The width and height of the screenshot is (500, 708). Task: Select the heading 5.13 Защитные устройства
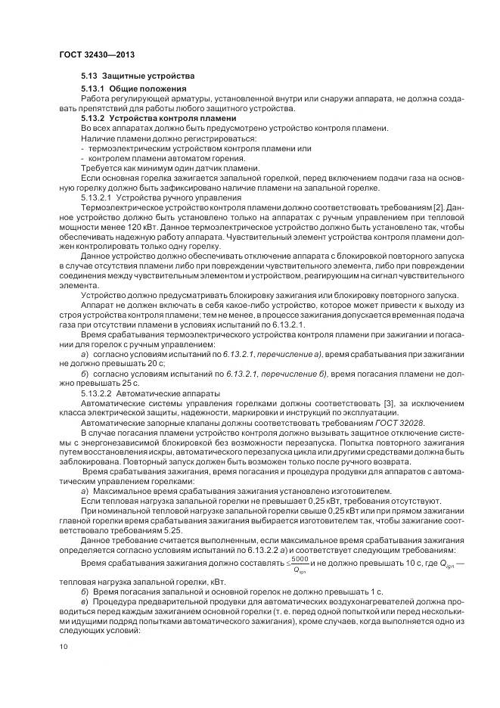pyautogui.click(x=138, y=76)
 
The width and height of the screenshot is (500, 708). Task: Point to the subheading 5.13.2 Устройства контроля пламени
pyautogui.click(x=158, y=119)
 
